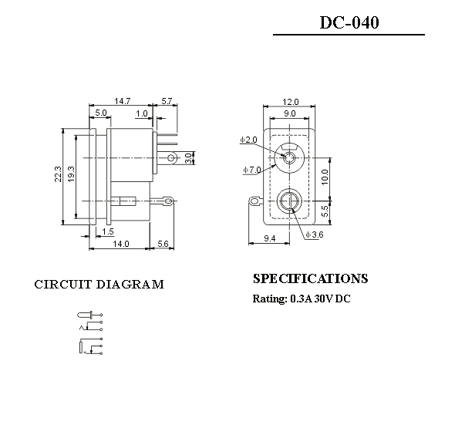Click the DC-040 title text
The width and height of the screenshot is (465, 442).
coord(349,23)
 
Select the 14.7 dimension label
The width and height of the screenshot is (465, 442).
coord(122,101)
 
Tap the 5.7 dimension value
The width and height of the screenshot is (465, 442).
coord(167,101)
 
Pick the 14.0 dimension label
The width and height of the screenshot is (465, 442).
coord(121,244)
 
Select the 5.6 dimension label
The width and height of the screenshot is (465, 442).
coord(163,244)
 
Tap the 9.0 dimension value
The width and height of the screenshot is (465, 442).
coord(289,113)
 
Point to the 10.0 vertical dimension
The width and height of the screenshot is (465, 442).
coord(325,177)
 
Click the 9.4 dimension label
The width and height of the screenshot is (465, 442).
coord(270,239)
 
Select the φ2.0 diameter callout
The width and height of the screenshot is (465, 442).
coord(248,140)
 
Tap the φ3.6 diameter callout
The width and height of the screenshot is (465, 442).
coord(315,234)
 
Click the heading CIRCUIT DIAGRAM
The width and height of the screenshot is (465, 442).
coord(99,285)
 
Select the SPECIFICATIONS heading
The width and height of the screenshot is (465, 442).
coord(310,278)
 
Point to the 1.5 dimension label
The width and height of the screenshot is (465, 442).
coord(108,231)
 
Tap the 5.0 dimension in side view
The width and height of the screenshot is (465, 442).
coord(101,113)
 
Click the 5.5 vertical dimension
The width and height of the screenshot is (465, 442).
coord(325,209)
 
